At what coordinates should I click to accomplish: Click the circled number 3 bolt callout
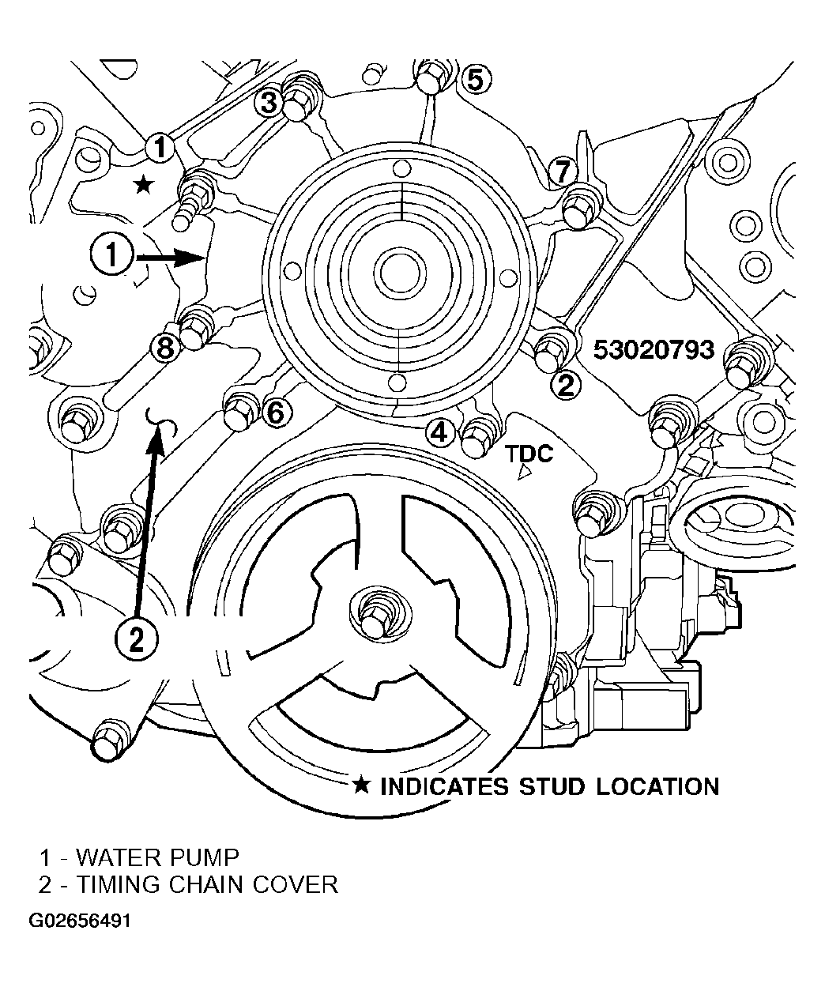[x=269, y=103]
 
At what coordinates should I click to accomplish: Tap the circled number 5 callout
[x=476, y=79]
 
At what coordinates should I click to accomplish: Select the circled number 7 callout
[x=563, y=171]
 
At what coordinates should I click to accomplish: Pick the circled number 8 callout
[x=165, y=349]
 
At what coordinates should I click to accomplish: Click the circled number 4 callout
[x=439, y=431]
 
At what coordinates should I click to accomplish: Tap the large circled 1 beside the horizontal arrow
[x=111, y=255]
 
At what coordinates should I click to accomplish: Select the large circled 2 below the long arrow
[x=136, y=641]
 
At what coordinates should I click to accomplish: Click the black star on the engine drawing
[x=143, y=185]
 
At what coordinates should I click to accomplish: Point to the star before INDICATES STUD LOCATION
[x=361, y=785]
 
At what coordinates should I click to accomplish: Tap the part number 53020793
[x=654, y=350]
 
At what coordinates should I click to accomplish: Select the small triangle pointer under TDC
[x=524, y=473]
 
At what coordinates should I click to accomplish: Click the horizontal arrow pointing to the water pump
[x=170, y=258]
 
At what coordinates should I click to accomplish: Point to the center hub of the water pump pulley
[x=397, y=273]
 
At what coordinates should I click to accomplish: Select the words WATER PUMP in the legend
[x=157, y=858]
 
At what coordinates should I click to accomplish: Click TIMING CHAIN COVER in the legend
[x=208, y=885]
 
